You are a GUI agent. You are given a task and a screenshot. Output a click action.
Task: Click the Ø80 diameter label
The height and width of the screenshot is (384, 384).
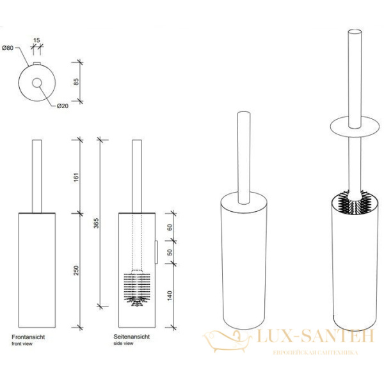pyautogui.click(x=8, y=47)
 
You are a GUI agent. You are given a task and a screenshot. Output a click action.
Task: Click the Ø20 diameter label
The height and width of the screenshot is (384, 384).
pyautogui.click(x=62, y=106)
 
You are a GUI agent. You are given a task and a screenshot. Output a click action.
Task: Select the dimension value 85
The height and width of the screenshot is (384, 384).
pyautogui.click(x=76, y=82)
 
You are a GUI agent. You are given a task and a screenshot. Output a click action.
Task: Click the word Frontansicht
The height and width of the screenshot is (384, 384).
pyautogui.click(x=27, y=336)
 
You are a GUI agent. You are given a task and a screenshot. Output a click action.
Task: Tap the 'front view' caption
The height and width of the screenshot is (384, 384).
pyautogui.click(x=22, y=343)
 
